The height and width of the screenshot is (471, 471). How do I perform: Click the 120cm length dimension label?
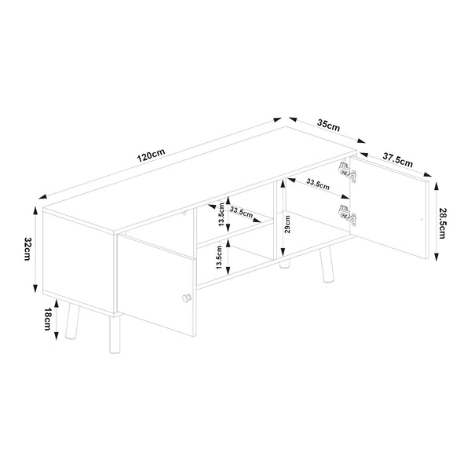[150, 155]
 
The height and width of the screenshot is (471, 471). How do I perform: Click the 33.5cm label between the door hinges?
[317, 185]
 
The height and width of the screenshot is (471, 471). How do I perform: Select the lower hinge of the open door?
[345, 213]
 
